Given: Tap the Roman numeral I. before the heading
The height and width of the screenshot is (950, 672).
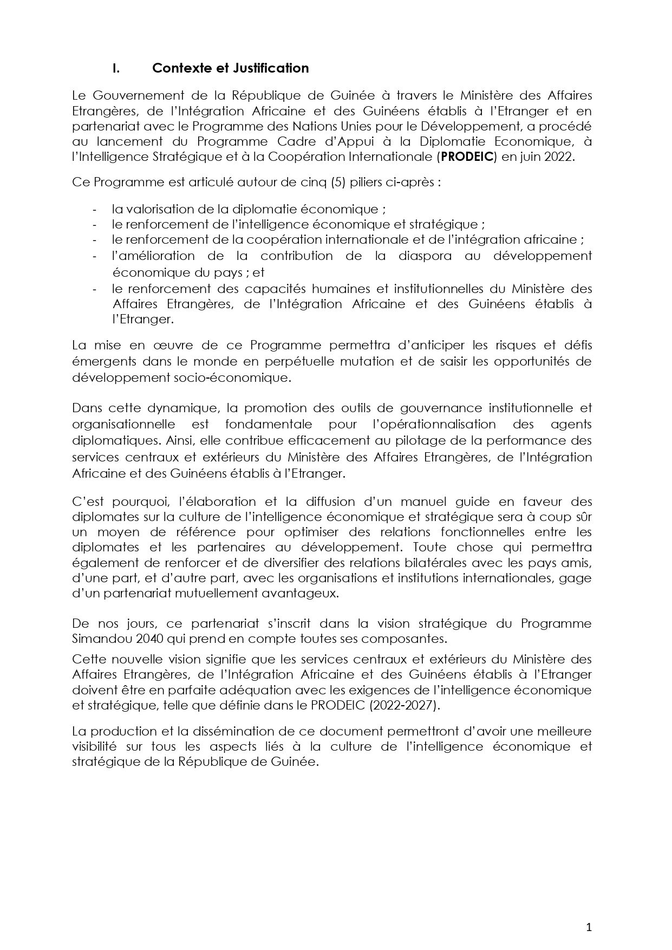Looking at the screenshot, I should pyautogui.click(x=115, y=68).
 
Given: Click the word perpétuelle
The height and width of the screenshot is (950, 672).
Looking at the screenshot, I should pyautogui.click(x=294, y=361).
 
